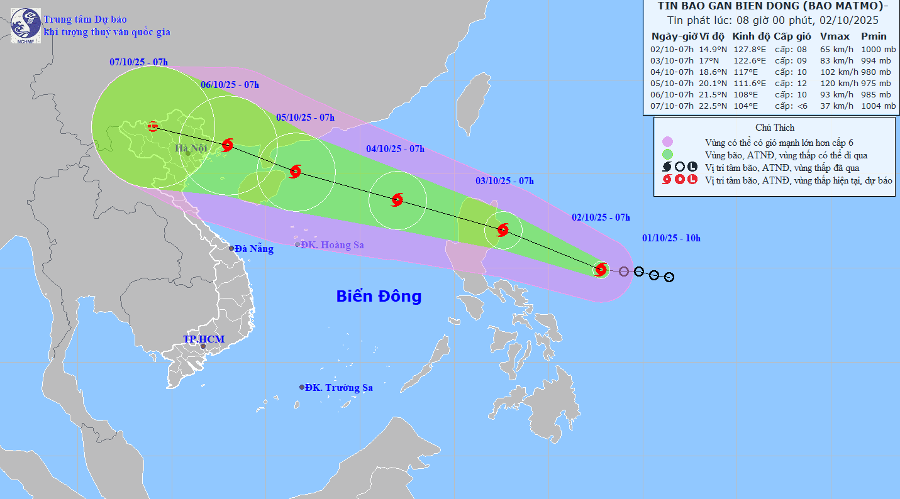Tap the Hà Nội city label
click(x=191, y=148)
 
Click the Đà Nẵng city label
click(x=254, y=249)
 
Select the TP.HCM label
click(x=203, y=339)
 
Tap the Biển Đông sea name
click(x=379, y=296)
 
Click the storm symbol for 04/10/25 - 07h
click(x=397, y=200)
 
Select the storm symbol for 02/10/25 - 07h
click(x=601, y=270)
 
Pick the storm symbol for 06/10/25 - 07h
click(x=228, y=145)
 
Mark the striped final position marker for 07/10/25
click(x=153, y=126)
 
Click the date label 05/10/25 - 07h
click(x=305, y=118)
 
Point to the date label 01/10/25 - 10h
click(x=671, y=238)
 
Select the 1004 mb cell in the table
click(x=878, y=106)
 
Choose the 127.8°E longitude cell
click(x=748, y=49)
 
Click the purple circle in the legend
click(x=667, y=141)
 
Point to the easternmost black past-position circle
click(x=669, y=277)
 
